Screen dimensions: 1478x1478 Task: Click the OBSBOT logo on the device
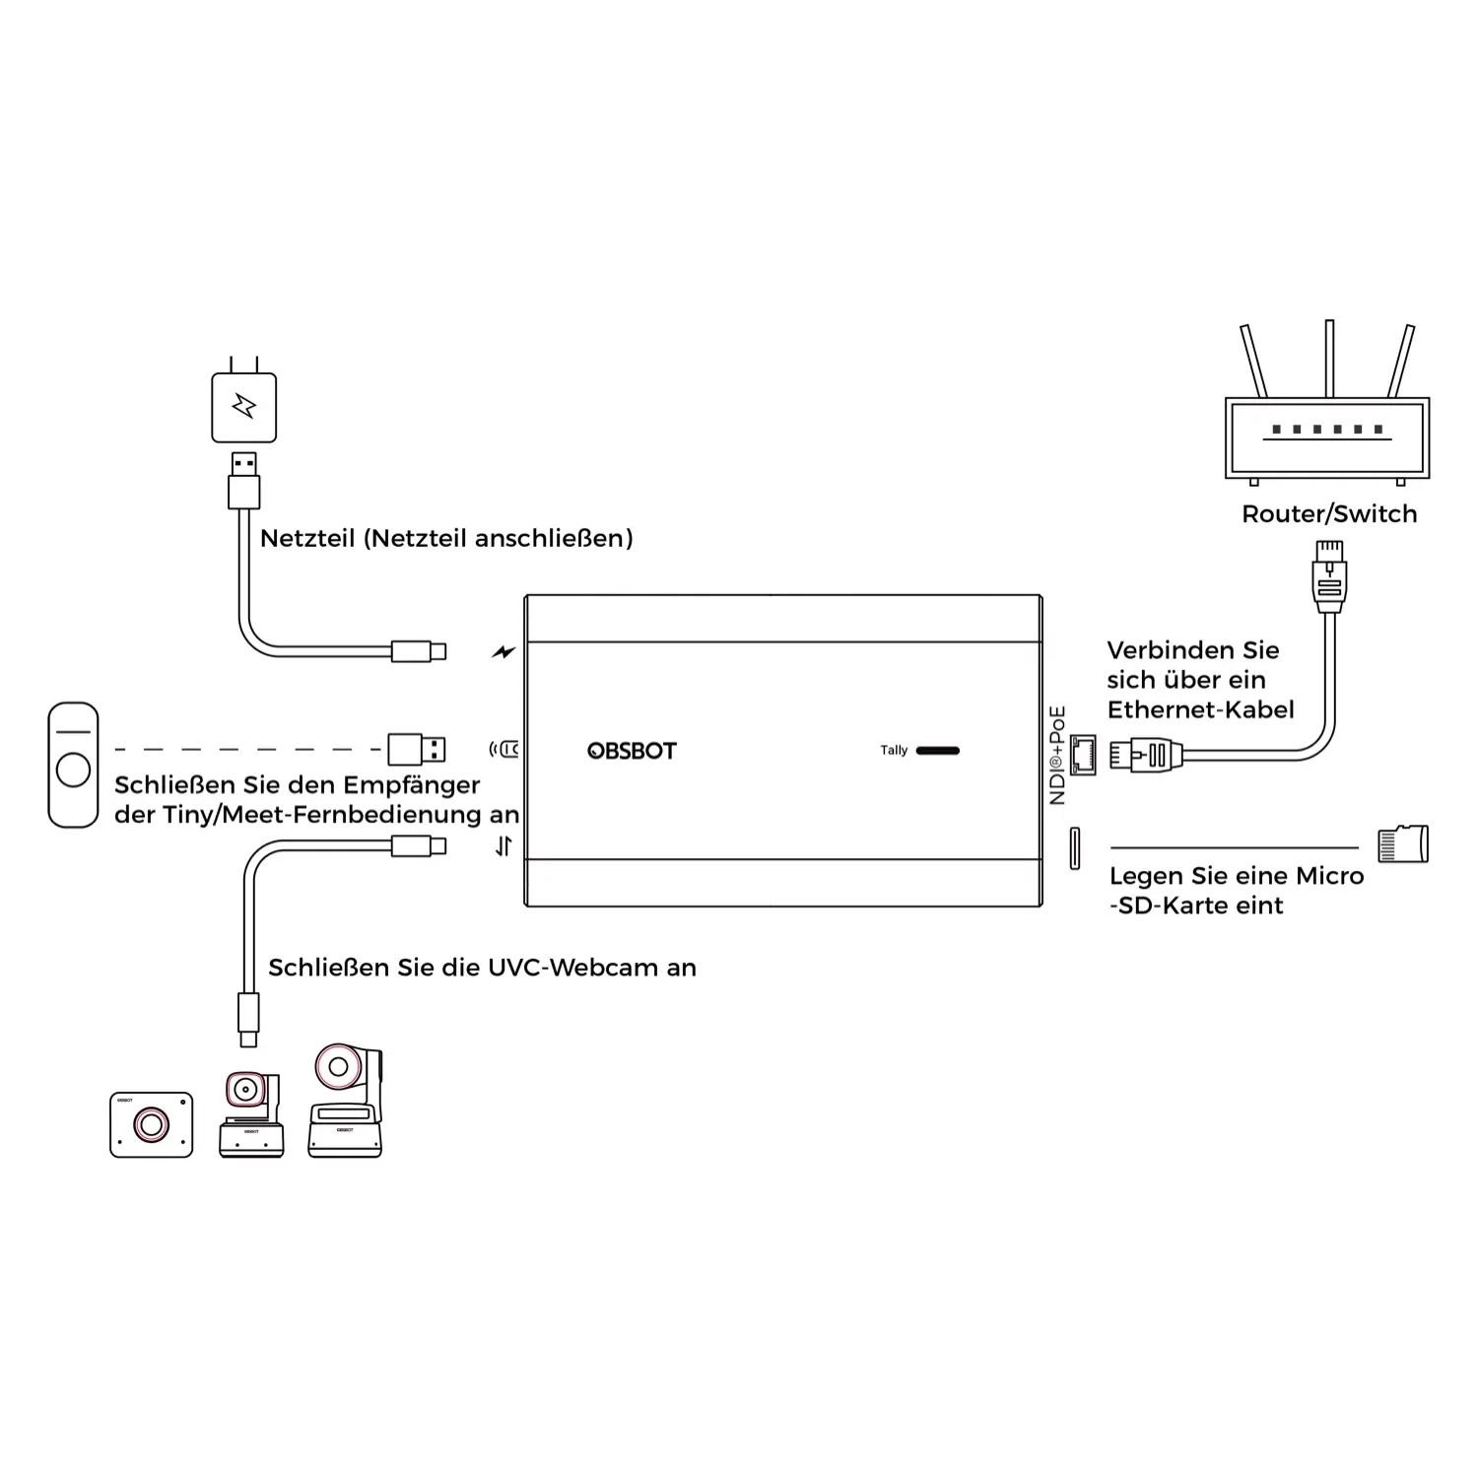pyautogui.click(x=632, y=751)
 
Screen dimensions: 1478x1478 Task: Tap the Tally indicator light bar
pyautogui.click(x=937, y=751)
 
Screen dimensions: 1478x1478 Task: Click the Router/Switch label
pyautogui.click(x=1328, y=514)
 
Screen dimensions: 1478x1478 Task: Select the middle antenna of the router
pyautogui.click(x=1329, y=359)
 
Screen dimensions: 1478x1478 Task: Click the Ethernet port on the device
pyautogui.click(x=1084, y=755)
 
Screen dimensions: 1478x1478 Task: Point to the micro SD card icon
pyautogui.click(x=1402, y=843)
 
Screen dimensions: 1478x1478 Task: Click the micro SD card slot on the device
pyautogui.click(x=1075, y=848)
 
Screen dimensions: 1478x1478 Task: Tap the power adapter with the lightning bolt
pyautogui.click(x=243, y=406)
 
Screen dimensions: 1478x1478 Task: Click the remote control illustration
pyautogui.click(x=73, y=764)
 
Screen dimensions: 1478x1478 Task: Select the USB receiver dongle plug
pyautogui.click(x=417, y=750)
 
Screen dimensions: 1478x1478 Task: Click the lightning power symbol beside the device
pyautogui.click(x=504, y=651)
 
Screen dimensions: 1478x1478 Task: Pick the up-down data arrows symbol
pyautogui.click(x=504, y=845)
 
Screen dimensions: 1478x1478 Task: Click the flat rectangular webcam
pyautogui.click(x=151, y=1123)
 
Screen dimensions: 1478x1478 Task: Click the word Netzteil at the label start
pyautogui.click(x=306, y=538)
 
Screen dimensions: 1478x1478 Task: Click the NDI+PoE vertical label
pyautogui.click(x=1057, y=755)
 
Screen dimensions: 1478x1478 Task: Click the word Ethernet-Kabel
pyautogui.click(x=1200, y=709)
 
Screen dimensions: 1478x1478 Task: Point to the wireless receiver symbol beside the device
pyautogui.click(x=504, y=750)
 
